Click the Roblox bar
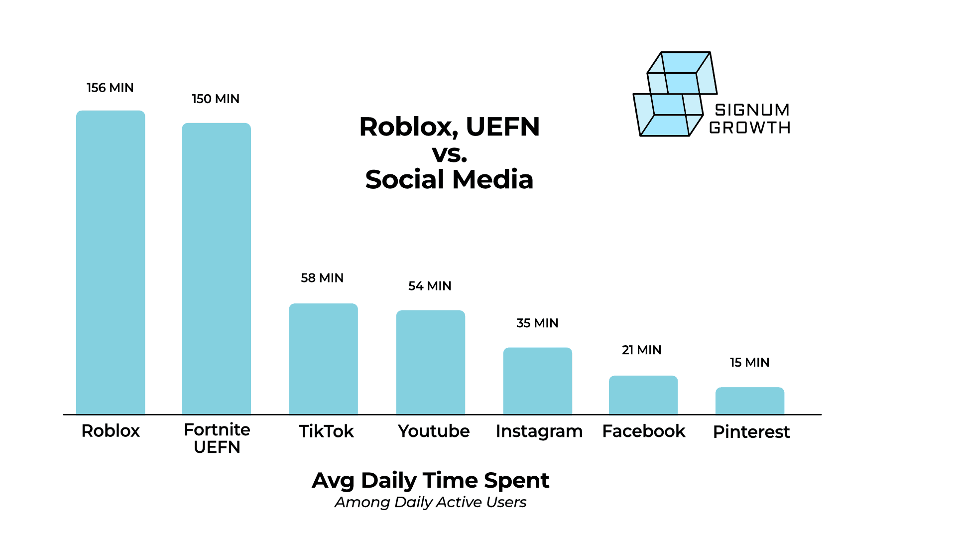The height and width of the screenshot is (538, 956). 111,263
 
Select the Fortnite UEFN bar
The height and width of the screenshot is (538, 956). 217,269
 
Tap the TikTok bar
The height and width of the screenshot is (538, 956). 323,359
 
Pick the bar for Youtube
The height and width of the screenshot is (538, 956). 431,362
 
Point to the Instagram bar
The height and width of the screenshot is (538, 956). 538,381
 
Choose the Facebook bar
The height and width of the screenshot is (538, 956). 643,395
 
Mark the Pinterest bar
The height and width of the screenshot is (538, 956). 750,401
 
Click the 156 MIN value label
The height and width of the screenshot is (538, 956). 110,88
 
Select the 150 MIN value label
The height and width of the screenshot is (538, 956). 216,99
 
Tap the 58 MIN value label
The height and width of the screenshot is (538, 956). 322,278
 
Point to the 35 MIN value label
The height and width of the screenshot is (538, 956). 537,323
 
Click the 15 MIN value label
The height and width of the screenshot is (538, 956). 749,363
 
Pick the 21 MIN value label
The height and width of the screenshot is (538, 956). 641,350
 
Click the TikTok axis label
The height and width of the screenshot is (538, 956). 326,431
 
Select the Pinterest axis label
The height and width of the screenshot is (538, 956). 751,432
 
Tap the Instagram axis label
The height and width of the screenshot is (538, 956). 539,431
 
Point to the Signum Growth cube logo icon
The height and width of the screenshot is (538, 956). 675,95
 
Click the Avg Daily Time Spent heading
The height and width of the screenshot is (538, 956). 430,481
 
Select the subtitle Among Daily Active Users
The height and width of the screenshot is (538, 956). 430,502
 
